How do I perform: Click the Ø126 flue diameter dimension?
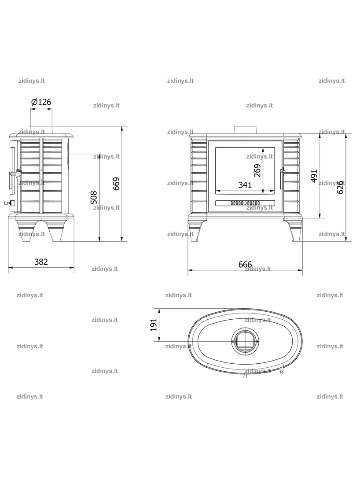click(41, 102)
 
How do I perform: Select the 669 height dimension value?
click(116, 184)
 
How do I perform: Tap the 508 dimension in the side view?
click(94, 197)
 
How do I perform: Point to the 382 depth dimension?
click(41, 262)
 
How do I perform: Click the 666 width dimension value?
click(245, 264)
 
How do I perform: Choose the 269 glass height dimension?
click(257, 170)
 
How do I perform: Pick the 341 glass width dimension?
click(245, 185)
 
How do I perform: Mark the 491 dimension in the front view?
click(314, 176)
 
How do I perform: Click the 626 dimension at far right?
click(340, 187)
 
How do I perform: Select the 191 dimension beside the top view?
click(154, 325)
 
